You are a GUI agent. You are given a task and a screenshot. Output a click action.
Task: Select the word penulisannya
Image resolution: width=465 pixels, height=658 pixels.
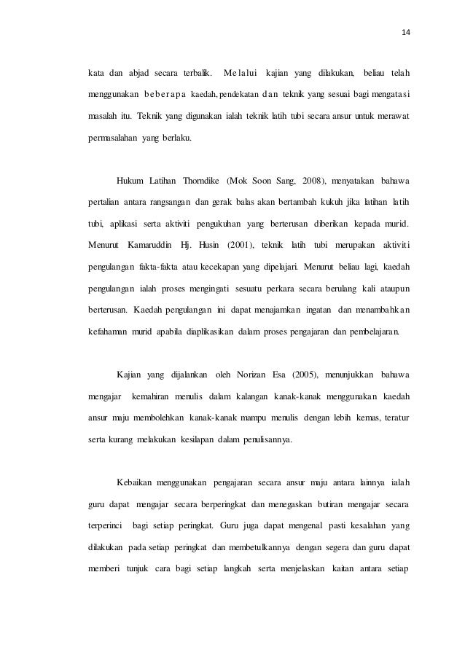tap(259, 419)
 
